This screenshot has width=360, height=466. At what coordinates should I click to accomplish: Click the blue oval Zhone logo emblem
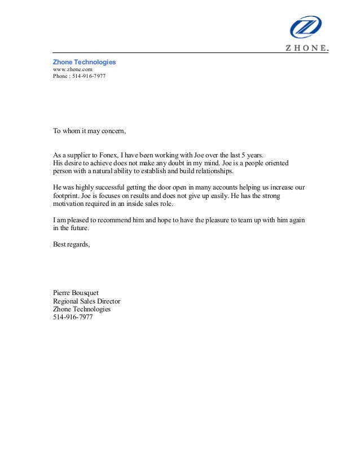click(305, 27)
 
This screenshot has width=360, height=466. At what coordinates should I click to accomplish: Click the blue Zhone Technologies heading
click(84, 61)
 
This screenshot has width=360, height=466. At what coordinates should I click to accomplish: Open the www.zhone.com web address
click(72, 69)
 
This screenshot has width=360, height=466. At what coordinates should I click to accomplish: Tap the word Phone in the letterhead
click(60, 76)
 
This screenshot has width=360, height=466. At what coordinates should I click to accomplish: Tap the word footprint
click(65, 195)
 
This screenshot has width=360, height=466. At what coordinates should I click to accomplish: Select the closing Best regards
click(71, 244)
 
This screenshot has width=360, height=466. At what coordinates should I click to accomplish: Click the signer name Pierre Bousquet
click(76, 293)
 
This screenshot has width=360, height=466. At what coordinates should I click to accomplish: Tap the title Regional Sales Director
click(86, 301)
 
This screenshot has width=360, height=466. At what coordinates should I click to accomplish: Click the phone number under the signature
click(72, 317)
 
